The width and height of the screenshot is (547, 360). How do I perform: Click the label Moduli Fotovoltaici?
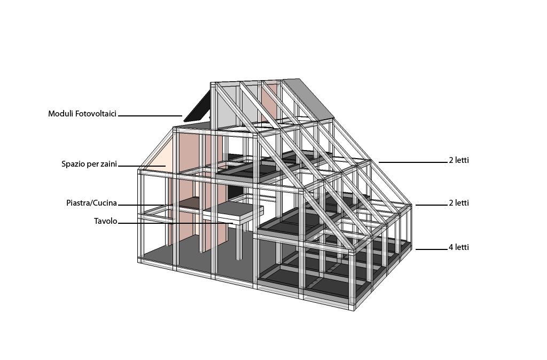(82, 114)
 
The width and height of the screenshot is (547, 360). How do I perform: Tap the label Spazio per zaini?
(89, 164)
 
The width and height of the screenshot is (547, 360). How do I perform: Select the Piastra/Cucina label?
(91, 203)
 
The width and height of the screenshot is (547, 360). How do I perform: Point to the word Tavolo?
(105, 221)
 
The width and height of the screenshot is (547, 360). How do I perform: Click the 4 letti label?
(459, 247)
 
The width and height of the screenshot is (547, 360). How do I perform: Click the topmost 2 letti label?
(459, 160)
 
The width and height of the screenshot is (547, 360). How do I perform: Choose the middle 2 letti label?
(459, 202)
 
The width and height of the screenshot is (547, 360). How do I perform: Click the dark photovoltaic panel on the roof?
(197, 106)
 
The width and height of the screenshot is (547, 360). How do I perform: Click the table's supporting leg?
(239, 241)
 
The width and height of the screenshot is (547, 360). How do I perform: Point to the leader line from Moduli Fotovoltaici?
(150, 116)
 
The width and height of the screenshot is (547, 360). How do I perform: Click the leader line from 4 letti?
(431, 249)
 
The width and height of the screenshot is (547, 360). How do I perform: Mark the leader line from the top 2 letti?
(413, 162)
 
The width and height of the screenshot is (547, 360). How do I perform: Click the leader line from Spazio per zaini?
(142, 166)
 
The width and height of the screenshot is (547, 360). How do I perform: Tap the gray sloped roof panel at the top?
(308, 98)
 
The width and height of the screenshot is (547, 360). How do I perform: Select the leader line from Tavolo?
(175, 223)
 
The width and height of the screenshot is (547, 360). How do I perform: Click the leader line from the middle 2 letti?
(431, 205)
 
